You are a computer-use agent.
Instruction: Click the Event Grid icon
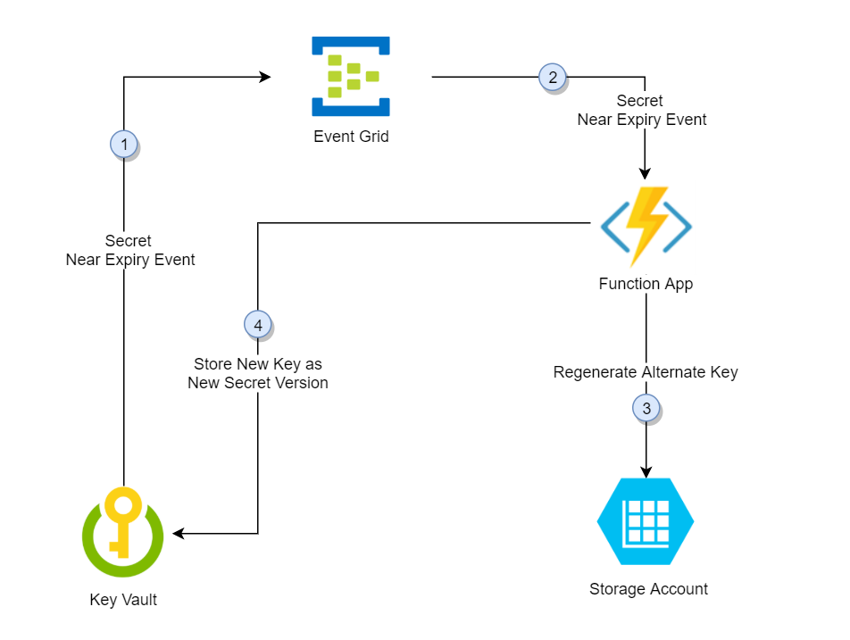[x=350, y=77]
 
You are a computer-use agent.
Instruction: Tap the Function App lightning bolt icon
[x=646, y=227]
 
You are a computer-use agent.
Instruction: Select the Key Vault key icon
[x=122, y=533]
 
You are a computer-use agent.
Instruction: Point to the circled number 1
[x=123, y=144]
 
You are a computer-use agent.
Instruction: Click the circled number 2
[x=552, y=78]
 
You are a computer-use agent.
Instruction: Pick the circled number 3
[x=646, y=409]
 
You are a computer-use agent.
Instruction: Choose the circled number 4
[x=258, y=326]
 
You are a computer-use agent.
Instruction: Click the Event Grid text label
[x=351, y=137]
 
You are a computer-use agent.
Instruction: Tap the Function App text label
[x=646, y=285]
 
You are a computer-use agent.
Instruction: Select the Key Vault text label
[x=123, y=600]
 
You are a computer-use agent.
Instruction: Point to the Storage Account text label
[x=648, y=589]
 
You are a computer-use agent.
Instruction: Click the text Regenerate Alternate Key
[x=646, y=372]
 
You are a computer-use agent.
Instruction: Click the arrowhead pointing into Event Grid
[x=265, y=78]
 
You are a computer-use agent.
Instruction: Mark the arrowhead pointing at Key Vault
[x=179, y=534]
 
